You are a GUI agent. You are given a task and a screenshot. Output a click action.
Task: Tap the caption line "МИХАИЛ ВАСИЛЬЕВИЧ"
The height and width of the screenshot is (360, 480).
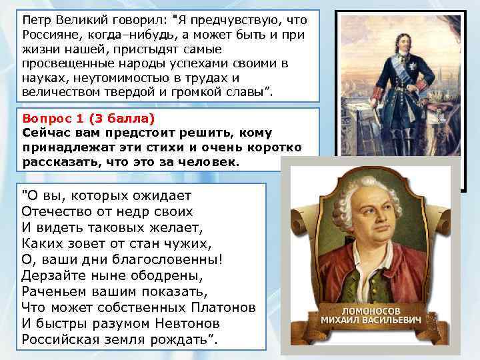tap(372, 321)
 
